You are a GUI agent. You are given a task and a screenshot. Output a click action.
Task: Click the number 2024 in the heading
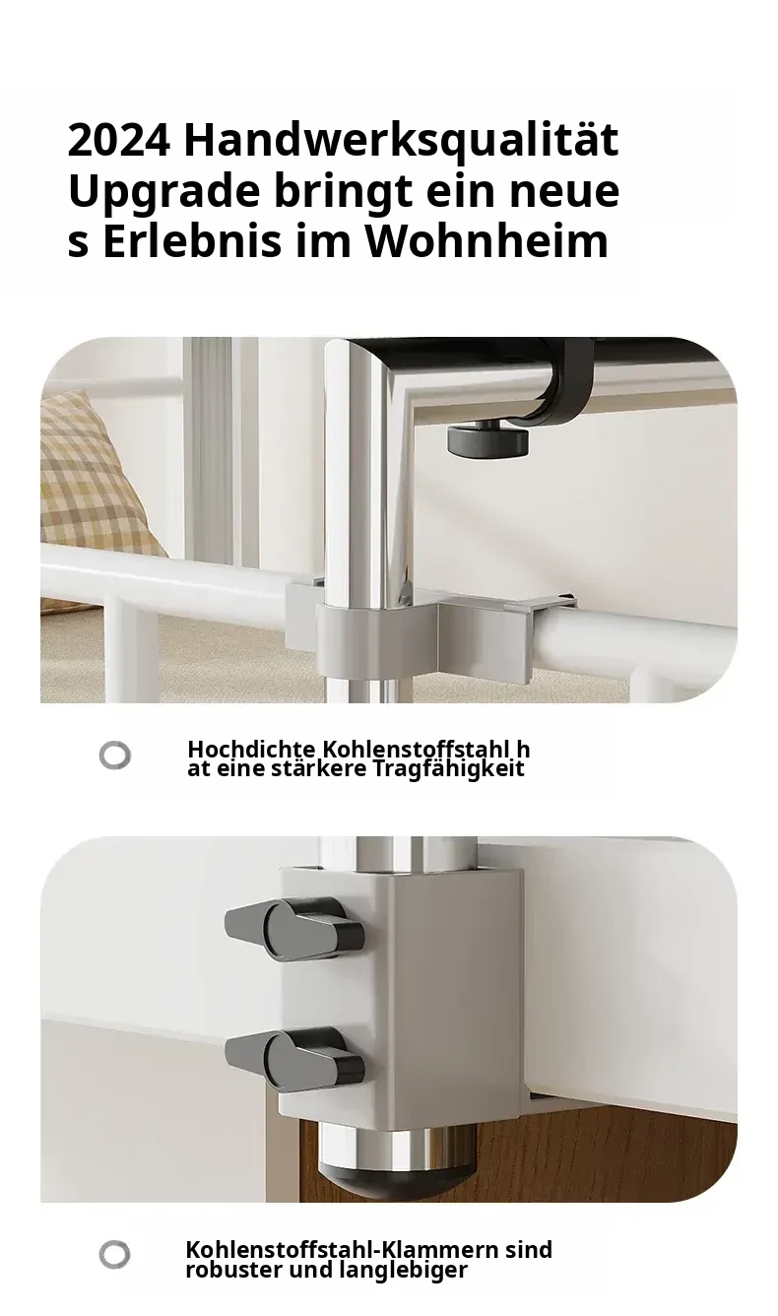pyautogui.click(x=119, y=141)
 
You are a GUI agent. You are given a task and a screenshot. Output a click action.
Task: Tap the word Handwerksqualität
pyautogui.click(x=402, y=141)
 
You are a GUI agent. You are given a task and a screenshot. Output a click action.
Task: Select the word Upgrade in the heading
pyautogui.click(x=163, y=193)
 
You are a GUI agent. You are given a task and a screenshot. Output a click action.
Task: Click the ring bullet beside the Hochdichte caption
pyautogui.click(x=114, y=755)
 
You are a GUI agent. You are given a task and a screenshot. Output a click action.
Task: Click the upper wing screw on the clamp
pyautogui.click(x=294, y=930)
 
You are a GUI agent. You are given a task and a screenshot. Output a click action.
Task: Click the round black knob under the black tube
pyautogui.click(x=487, y=439)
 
